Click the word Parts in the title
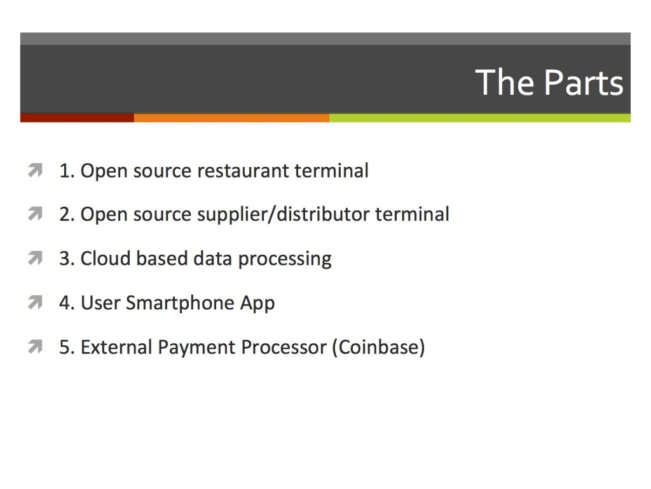coord(584,82)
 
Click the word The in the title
coord(505,82)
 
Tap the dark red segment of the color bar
coord(77,118)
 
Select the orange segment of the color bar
coord(231,118)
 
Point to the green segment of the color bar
coord(480,118)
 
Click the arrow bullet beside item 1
coord(36,171)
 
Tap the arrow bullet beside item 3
coord(36,259)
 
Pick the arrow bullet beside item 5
coord(36,347)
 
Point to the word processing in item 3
coord(285,259)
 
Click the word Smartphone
coord(180,302)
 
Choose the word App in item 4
coord(257,304)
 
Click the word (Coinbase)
coord(378,347)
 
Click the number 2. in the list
coord(66,215)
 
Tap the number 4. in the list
coord(66,302)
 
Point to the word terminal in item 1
coord(331,171)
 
